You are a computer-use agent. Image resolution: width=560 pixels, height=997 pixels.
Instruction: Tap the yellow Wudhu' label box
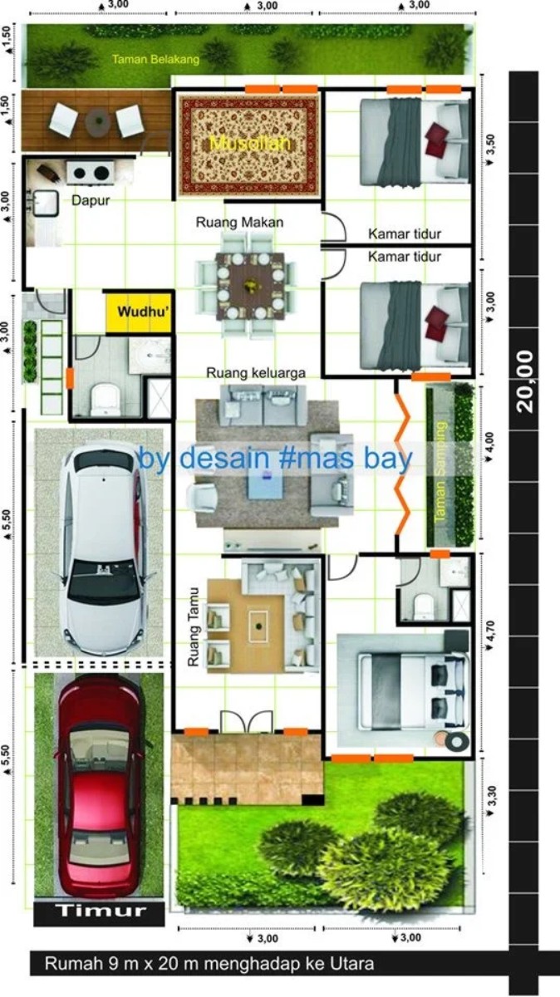point(138,312)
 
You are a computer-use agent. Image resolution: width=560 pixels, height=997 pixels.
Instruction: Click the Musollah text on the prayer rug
point(250,144)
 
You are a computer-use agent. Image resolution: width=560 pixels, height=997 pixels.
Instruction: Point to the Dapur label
point(91,200)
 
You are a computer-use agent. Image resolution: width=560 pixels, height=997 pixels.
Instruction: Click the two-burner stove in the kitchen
point(89,173)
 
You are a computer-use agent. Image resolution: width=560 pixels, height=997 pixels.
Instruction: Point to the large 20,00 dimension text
point(523,381)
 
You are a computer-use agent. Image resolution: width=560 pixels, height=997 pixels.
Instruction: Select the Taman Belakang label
point(156,60)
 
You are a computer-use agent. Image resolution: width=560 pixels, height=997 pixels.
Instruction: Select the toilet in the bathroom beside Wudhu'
point(105,399)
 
